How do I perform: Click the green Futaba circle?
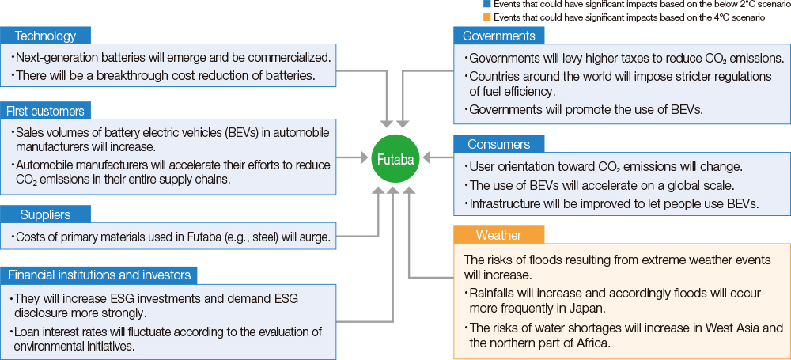click(394, 158)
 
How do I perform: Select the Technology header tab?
click(46, 36)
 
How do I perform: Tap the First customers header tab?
click(45, 111)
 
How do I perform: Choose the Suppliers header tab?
click(45, 214)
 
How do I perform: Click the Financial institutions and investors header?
click(99, 275)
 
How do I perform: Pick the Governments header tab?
click(499, 36)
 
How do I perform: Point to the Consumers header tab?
click(498, 145)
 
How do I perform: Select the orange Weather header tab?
click(498, 235)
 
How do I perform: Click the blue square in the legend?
click(486, 5)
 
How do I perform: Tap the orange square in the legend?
click(486, 17)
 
